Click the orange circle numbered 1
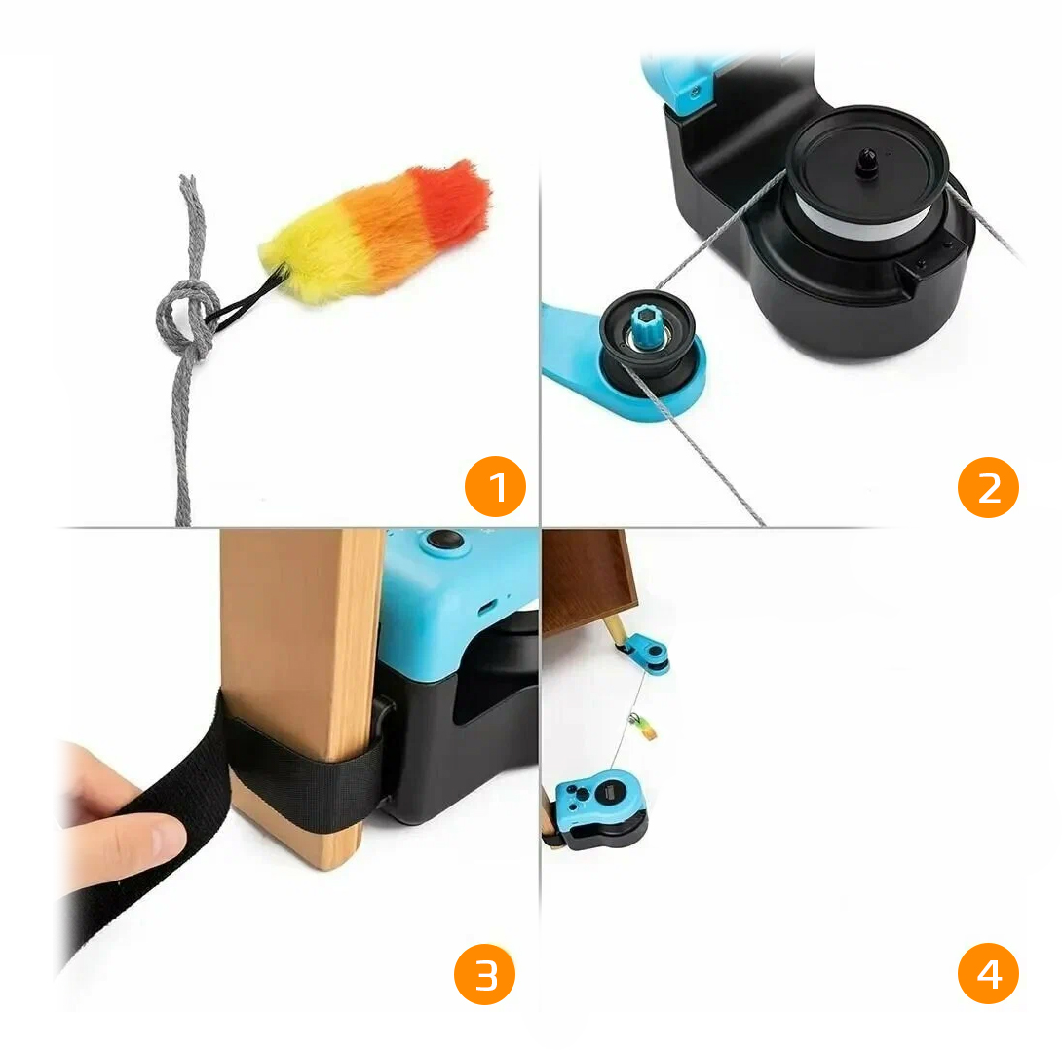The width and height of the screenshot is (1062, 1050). pos(495,486)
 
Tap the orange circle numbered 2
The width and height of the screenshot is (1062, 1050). pos(988,486)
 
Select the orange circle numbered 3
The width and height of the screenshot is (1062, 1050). pos(484,974)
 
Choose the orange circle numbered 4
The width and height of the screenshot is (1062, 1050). pos(988,974)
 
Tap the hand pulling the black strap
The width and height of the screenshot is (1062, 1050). pos(117,818)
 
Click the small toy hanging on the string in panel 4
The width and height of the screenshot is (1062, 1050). pos(640,726)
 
